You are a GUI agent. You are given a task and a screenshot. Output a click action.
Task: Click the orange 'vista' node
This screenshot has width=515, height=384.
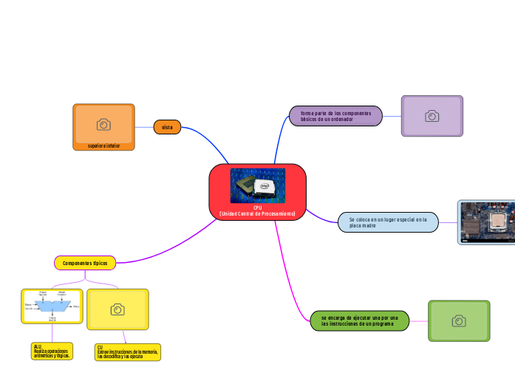tap(167, 127)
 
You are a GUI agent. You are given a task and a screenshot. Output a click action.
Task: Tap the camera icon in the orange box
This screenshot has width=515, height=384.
tap(103, 123)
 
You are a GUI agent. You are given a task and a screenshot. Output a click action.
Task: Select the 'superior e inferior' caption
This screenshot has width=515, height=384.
tap(103, 146)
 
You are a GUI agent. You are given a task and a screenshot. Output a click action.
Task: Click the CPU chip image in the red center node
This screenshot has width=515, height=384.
tap(257, 185)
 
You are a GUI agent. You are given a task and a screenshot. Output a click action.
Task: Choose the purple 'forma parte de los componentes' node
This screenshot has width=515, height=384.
tap(335, 116)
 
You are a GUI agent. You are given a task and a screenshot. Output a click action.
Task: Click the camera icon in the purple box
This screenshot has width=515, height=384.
tap(432, 116)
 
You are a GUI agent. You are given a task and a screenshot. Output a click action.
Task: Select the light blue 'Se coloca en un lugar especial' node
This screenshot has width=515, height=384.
tap(388, 222)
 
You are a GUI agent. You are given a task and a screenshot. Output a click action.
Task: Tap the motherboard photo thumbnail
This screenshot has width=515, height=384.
tap(488, 222)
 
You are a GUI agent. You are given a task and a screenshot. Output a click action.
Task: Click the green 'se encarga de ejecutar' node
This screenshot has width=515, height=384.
tap(359, 320)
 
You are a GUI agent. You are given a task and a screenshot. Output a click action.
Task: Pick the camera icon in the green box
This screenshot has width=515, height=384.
tap(459, 320)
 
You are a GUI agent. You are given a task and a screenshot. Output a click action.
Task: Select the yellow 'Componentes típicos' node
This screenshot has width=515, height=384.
tap(85, 263)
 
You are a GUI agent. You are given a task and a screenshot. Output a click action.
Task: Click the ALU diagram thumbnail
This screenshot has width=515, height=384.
tap(52, 306)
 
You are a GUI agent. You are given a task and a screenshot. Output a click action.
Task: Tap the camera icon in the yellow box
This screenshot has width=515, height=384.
tap(117, 309)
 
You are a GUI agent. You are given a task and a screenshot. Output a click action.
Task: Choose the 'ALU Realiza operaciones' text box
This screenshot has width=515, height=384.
tap(52, 351)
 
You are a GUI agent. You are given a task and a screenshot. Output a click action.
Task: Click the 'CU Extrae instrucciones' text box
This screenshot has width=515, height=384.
tap(127, 352)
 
